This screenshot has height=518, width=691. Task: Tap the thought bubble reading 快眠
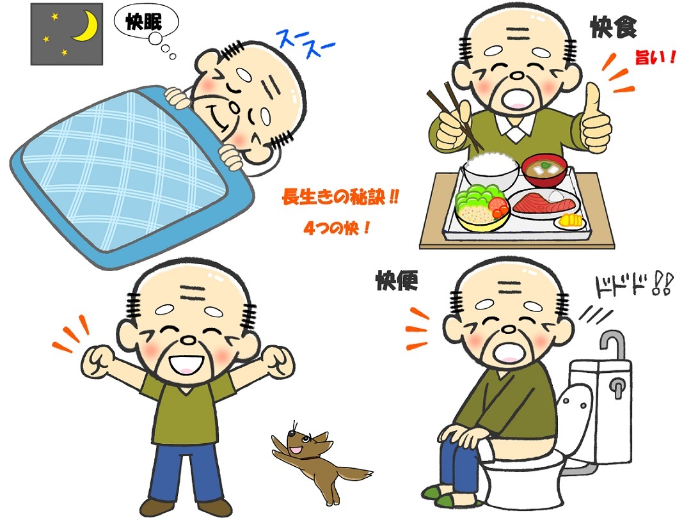coord(146,22)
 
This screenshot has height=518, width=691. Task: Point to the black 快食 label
coord(613,27)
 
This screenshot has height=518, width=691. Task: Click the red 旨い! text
coord(655,58)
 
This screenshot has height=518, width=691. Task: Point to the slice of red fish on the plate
coord(545,203)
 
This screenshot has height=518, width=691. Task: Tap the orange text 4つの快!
coord(337,228)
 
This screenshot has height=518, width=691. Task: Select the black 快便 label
coord(397,280)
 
